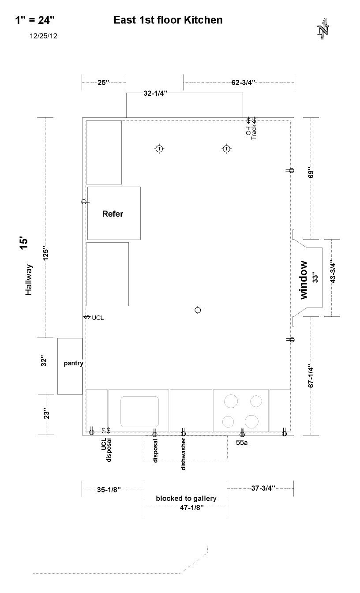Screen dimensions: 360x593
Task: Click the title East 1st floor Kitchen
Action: coord(168,20)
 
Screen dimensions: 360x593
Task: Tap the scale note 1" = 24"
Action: coord(35,20)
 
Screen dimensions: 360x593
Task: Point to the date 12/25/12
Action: coord(43,36)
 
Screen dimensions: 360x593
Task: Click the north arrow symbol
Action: coord(323,29)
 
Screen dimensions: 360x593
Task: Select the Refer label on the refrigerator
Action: coord(112,214)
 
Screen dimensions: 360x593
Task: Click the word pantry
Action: coord(73,363)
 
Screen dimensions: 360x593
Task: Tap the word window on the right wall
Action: coord(304,280)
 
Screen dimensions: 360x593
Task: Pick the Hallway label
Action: coord(29,280)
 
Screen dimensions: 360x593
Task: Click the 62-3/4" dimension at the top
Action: coord(243,83)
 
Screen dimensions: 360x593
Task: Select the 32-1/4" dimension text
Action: coord(155,93)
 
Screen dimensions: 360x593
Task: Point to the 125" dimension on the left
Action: coord(46,254)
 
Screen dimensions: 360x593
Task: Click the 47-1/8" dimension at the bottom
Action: coord(191,507)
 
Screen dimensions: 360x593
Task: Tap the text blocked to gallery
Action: coord(186,499)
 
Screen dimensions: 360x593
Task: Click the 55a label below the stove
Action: coord(242,443)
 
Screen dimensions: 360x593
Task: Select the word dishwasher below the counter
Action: coord(183,454)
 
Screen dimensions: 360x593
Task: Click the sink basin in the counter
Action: coord(139,411)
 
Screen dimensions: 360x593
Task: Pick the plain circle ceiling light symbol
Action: coord(198,310)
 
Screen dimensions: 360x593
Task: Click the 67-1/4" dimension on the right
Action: coord(311,376)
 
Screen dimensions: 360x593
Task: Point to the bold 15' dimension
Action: coord(24,243)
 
